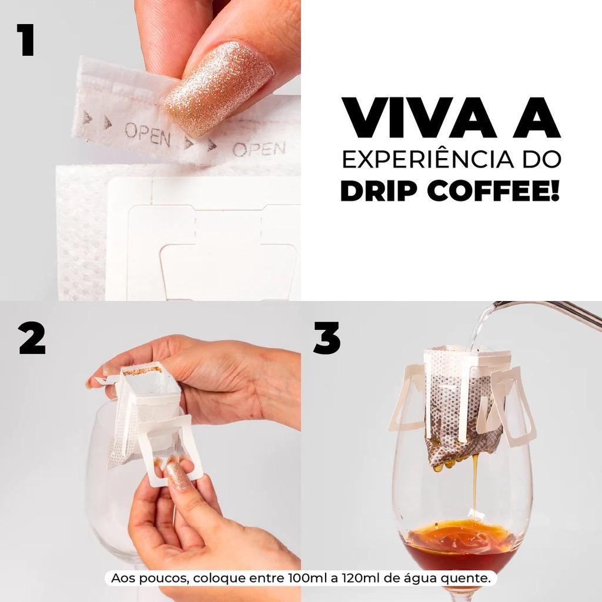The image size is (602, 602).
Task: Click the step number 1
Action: [26, 40]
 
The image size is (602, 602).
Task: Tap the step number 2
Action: [32, 338]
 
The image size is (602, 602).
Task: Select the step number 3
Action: [327, 338]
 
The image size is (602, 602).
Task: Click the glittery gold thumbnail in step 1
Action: [219, 88]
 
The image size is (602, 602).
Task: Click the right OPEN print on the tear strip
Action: [259, 149]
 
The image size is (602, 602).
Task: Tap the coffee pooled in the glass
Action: [461, 545]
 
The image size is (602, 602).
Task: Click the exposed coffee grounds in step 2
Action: [142, 371]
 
